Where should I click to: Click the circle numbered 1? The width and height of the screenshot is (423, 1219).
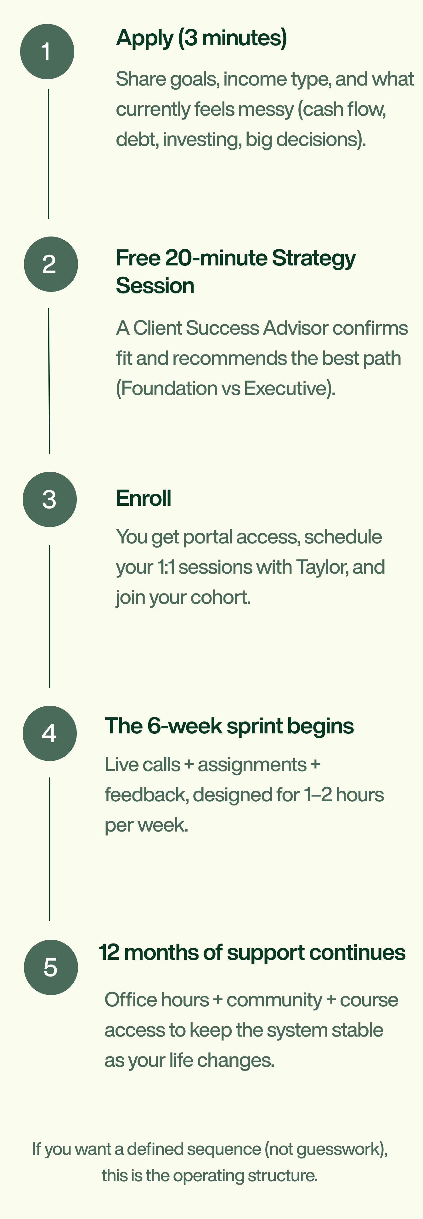tap(47, 52)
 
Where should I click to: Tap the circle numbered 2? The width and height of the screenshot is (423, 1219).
tap(51, 264)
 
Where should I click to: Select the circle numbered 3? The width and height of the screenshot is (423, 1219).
tap(50, 499)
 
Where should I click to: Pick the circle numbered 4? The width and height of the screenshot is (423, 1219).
tap(50, 733)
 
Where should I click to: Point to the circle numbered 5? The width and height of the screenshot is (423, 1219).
tap(51, 967)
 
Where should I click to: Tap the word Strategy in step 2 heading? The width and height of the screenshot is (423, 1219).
tap(313, 259)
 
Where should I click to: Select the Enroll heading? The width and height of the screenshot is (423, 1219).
tap(144, 498)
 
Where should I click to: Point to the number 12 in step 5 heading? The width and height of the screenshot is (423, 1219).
tap(109, 953)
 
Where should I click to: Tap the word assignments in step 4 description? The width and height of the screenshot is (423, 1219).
tap(252, 765)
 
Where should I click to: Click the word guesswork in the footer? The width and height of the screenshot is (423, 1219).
tap(339, 1149)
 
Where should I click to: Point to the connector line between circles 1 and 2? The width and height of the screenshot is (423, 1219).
tap(48, 154)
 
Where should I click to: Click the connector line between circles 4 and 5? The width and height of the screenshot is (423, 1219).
tap(50, 849)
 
